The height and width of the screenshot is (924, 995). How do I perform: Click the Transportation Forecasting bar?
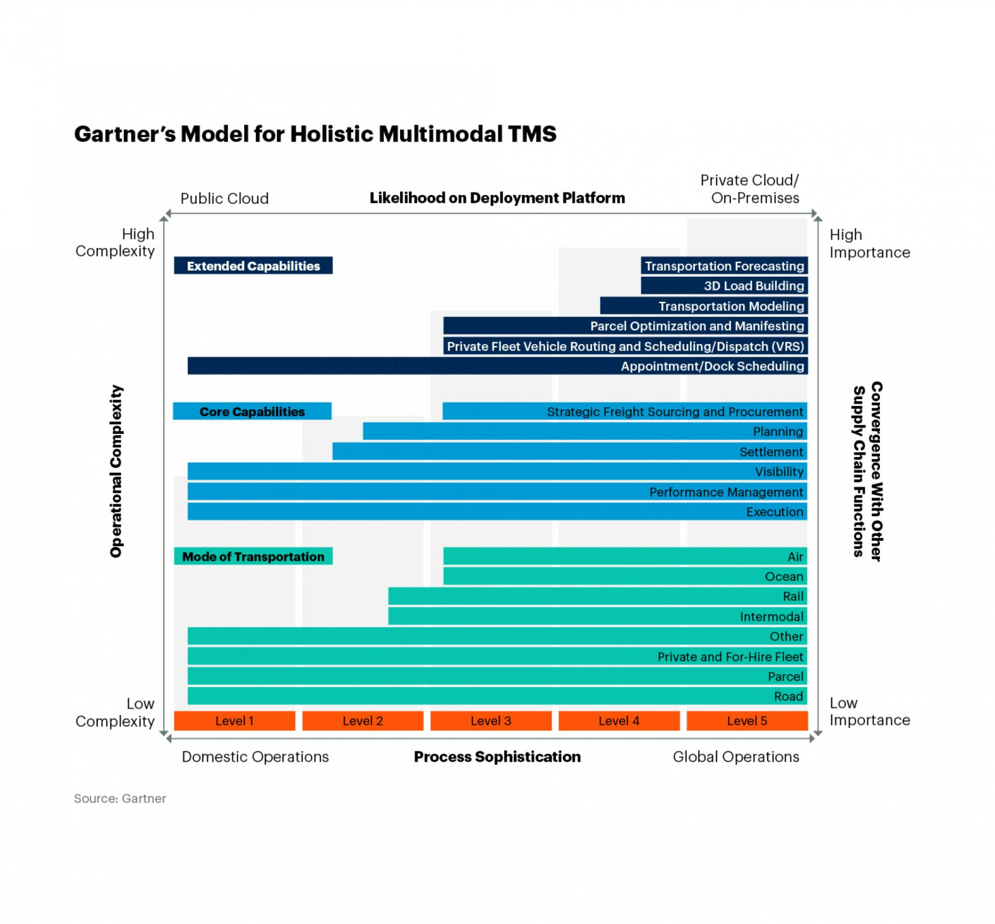tap(724, 266)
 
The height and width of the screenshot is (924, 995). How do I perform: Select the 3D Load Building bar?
tap(724, 286)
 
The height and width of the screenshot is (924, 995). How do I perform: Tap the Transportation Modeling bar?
tap(704, 306)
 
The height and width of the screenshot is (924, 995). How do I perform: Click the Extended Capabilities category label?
tap(253, 266)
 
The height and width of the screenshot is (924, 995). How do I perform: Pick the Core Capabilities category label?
tap(252, 411)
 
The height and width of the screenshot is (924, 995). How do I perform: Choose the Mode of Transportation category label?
tap(253, 557)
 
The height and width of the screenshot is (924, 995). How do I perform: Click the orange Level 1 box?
tap(234, 721)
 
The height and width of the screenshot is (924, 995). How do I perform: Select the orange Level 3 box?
tap(491, 721)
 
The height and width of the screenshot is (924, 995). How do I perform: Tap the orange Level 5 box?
tap(747, 721)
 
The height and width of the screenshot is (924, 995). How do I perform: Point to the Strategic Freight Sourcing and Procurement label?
tap(675, 411)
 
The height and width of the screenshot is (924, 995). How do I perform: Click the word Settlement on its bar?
tap(771, 452)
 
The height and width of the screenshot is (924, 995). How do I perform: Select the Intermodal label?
tap(771, 617)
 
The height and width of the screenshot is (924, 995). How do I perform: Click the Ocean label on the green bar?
tap(784, 576)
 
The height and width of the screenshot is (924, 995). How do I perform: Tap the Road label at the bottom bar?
tap(788, 696)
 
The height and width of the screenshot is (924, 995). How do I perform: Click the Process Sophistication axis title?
tap(497, 757)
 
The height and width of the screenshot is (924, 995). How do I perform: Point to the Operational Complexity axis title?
tap(116, 471)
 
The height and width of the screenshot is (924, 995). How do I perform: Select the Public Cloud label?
tap(224, 198)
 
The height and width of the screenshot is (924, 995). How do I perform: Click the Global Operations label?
tap(736, 757)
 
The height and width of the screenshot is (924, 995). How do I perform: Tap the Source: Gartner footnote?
tap(120, 799)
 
